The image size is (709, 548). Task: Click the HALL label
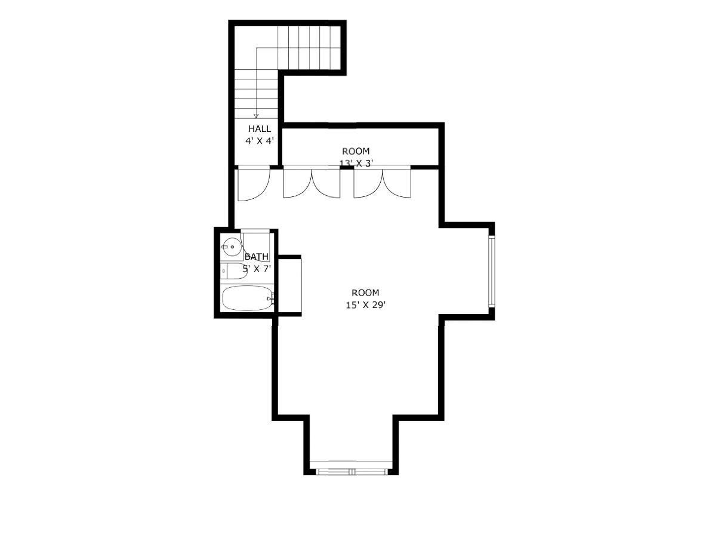tap(260, 129)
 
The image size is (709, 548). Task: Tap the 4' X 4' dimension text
tap(260, 141)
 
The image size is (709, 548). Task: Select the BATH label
tap(257, 257)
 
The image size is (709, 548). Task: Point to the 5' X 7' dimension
tap(257, 269)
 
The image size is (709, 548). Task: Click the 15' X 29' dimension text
tap(365, 304)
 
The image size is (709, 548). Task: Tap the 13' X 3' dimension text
tap(356, 162)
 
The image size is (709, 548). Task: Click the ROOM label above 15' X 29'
tap(365, 293)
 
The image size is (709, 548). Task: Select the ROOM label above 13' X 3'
tap(356, 151)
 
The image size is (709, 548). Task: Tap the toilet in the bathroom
tap(229, 271)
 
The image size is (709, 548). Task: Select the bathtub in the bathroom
tap(246, 298)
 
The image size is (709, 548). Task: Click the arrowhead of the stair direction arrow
tap(256, 116)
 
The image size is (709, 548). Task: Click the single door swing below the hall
tap(253, 185)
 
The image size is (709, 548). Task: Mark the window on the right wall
tap(491, 272)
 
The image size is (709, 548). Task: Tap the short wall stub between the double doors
tap(347, 168)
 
